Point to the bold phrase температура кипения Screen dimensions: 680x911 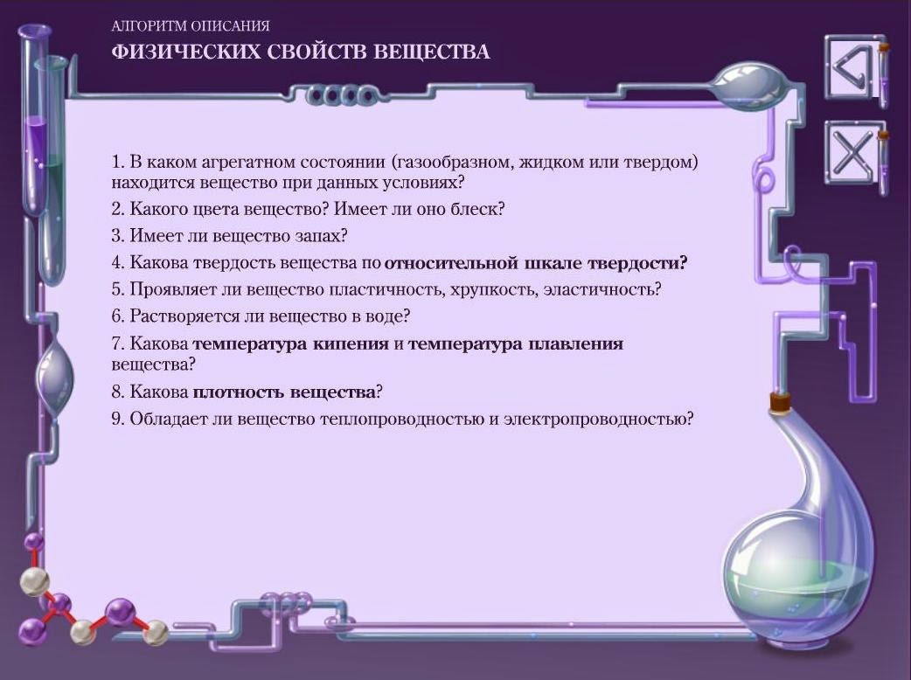click(290, 343)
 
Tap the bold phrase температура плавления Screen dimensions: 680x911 click(515, 343)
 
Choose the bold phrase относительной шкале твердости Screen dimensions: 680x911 click(536, 262)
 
